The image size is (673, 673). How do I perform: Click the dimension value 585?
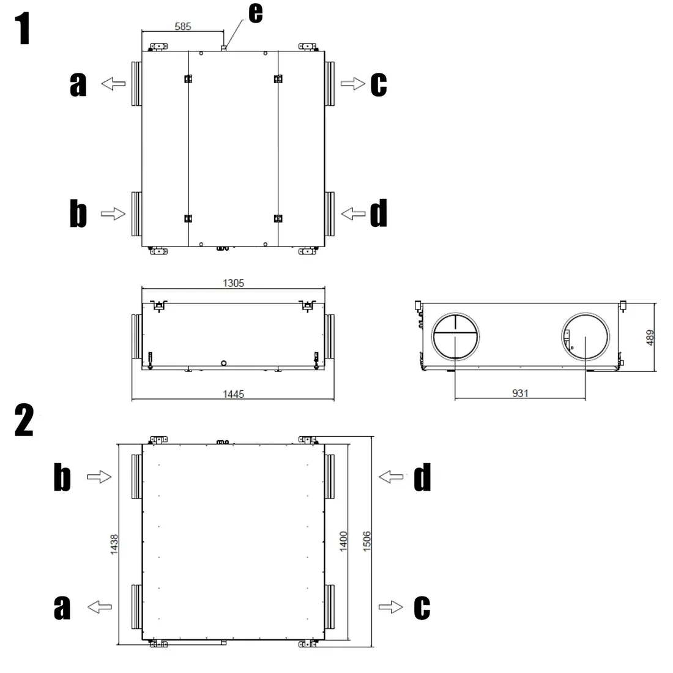click(x=182, y=26)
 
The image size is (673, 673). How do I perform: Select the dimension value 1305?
click(x=233, y=283)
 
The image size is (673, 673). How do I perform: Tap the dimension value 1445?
click(x=233, y=394)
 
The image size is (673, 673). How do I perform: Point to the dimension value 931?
click(x=520, y=393)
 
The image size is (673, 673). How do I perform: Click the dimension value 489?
click(x=650, y=337)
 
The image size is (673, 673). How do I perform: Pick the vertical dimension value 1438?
click(x=114, y=545)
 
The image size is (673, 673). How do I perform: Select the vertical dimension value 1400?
click(x=343, y=541)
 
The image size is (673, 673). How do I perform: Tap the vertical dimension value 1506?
click(x=366, y=541)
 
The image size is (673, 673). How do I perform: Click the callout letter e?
click(x=255, y=12)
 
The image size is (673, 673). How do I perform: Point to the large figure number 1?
click(x=23, y=28)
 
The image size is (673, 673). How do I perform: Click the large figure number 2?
click(x=24, y=420)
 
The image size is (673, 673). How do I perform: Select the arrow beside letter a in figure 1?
click(x=113, y=84)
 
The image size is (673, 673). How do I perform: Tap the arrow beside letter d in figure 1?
click(x=353, y=214)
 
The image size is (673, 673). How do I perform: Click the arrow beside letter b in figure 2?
click(x=99, y=477)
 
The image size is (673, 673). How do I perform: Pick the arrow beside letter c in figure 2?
click(x=390, y=607)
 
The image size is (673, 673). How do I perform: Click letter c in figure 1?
click(x=379, y=84)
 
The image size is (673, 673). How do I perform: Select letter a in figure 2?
click(x=62, y=608)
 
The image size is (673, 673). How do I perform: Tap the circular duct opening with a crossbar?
click(x=455, y=313)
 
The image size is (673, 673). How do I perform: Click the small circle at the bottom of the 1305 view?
click(x=223, y=363)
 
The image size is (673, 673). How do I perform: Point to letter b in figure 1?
click(x=78, y=213)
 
